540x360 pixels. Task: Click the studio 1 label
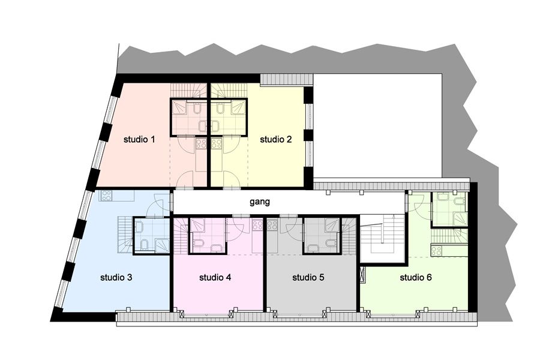[139, 140]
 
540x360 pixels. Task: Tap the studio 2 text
[275, 140]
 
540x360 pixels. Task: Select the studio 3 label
[116, 277]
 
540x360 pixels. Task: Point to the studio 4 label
[215, 277]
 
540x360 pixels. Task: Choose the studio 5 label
[308, 277]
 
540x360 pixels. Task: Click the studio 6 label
[416, 277]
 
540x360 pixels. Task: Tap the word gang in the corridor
[260, 202]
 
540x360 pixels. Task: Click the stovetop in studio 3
[106, 196]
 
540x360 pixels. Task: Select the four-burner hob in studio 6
[436, 251]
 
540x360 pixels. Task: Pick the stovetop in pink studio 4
[257, 225]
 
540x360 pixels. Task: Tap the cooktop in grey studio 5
[272, 225]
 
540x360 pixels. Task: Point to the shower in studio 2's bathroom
[238, 107]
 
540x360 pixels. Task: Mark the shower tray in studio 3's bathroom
[162, 245]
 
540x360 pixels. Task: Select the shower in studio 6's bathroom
[460, 219]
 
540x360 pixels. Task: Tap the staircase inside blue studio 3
[125, 235]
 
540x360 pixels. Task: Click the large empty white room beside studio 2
[377, 125]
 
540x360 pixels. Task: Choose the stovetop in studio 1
[201, 143]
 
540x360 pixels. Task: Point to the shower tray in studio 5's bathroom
[332, 226]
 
